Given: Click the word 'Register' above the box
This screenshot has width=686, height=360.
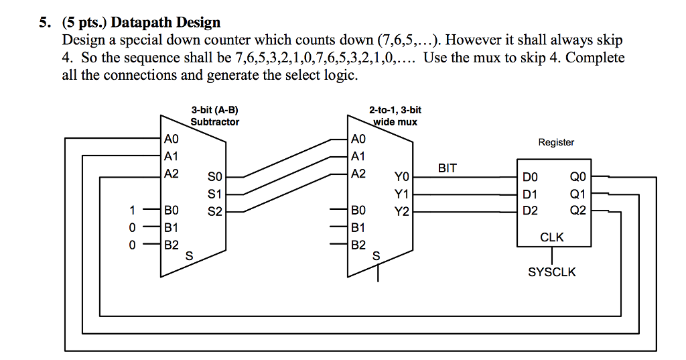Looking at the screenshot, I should point(556,142).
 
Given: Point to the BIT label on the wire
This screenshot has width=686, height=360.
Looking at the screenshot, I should point(448,168).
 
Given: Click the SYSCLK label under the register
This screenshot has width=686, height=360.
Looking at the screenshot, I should point(551,272).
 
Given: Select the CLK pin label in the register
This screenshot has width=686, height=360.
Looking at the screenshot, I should point(551,237).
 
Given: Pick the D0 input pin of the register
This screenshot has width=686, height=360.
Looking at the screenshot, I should point(530,178).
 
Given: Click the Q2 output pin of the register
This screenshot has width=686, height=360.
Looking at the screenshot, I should point(577,211).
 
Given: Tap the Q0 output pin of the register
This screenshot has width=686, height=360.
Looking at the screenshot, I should point(577,178).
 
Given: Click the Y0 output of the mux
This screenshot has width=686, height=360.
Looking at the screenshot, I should point(401,178).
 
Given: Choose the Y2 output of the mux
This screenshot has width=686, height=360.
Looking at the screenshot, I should point(401,211).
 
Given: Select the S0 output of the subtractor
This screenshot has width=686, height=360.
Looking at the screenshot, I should point(214,178).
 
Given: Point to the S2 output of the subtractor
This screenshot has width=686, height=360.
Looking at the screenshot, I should point(214,211).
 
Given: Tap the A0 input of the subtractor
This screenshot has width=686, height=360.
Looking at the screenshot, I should point(172,139).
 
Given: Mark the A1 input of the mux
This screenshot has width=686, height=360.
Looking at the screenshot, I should point(359,156).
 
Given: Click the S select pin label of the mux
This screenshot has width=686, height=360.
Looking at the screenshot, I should point(376,255).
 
